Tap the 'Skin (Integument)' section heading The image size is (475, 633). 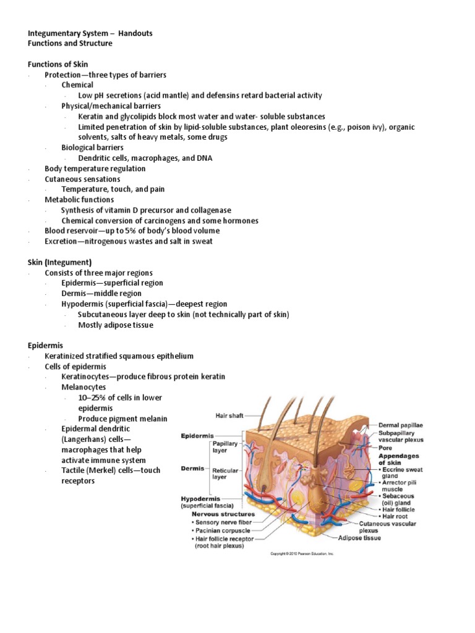[x=60, y=262]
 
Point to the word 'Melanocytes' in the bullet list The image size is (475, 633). [x=83, y=387]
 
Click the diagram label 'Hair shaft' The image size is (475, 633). [x=229, y=415]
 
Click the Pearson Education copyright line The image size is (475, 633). [x=302, y=554]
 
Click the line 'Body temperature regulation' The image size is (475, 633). [x=95, y=169]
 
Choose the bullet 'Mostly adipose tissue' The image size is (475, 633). [x=116, y=325]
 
